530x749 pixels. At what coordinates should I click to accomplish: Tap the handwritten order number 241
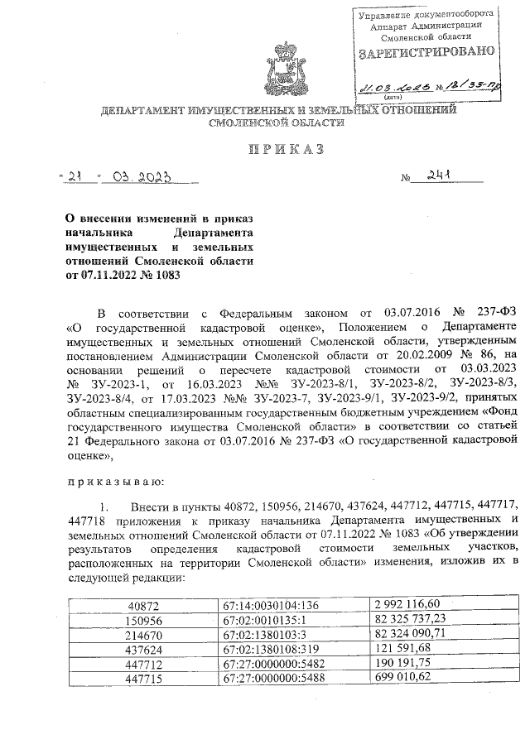point(439,175)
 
